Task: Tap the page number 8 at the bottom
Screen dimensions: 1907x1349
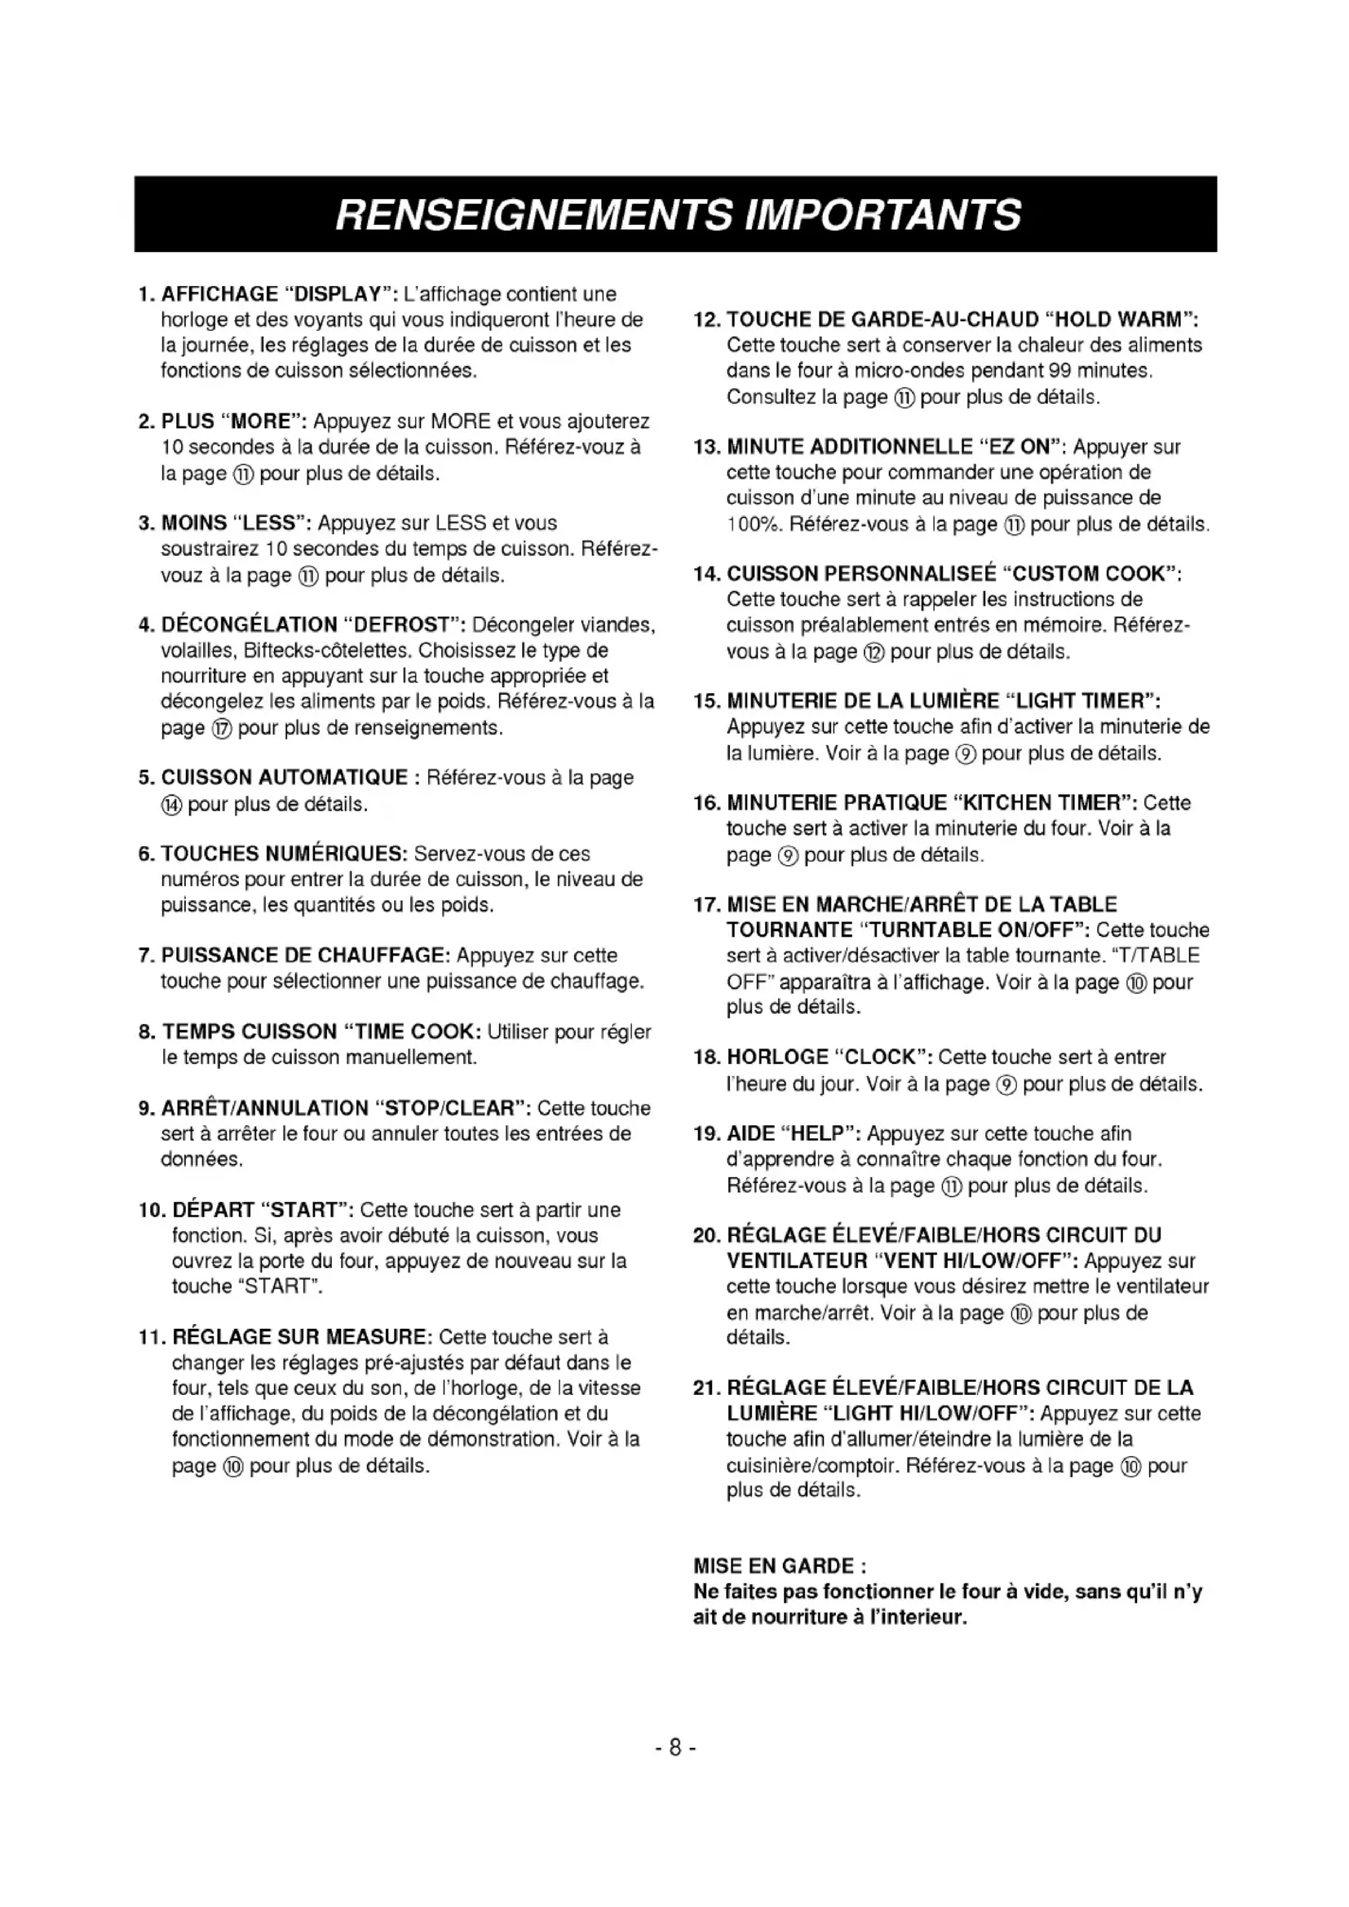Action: (674, 1747)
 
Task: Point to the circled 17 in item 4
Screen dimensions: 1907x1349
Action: (222, 728)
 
